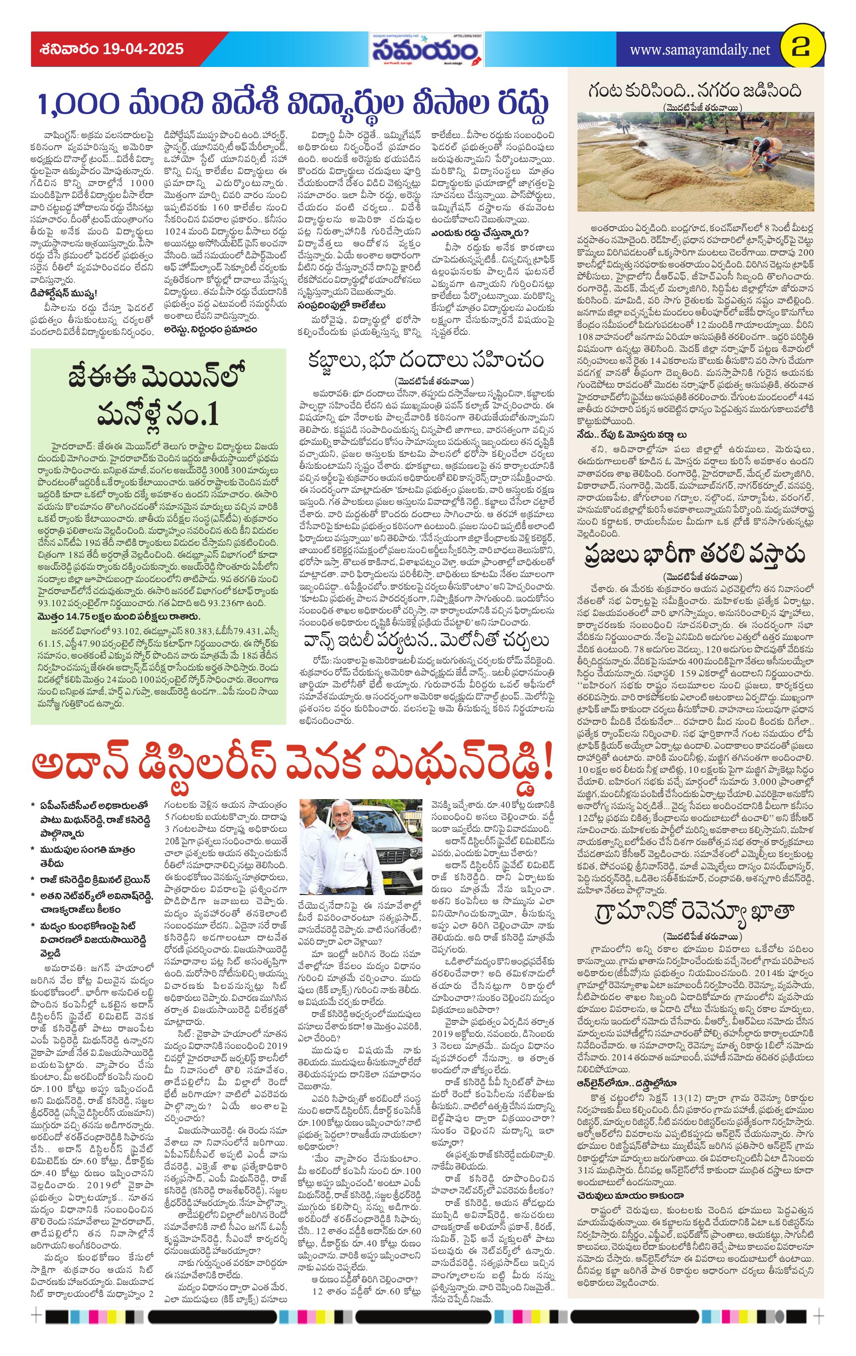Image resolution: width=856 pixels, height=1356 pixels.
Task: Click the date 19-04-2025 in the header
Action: pos(143,49)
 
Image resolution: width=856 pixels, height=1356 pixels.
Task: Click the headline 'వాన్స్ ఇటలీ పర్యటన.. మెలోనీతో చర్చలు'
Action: pos(425,641)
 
